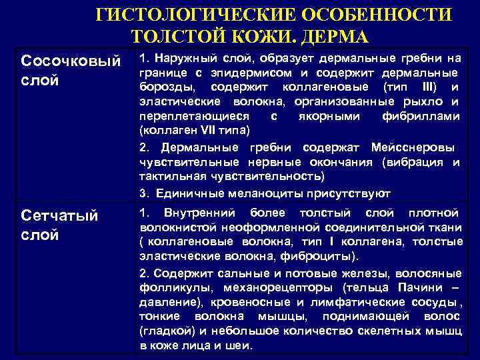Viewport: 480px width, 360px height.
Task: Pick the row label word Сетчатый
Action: pos(60,216)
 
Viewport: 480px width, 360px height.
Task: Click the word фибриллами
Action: pos(427,116)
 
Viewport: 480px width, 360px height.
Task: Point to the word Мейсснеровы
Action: pos(424,147)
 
